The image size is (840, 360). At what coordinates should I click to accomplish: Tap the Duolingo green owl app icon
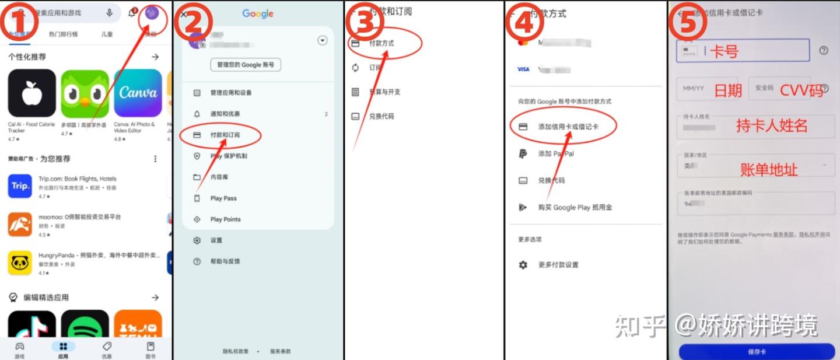tap(85, 93)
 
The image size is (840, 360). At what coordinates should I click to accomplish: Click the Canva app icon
tap(138, 93)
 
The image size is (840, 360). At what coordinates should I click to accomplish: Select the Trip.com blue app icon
tap(20, 186)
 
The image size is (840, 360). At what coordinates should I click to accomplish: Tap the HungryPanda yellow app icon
tap(20, 263)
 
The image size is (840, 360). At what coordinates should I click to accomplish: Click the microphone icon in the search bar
tap(110, 13)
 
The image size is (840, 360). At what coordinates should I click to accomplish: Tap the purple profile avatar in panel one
tap(152, 13)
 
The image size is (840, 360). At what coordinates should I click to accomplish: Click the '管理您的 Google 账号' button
tap(246, 65)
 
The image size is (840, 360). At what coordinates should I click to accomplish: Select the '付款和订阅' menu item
tap(225, 135)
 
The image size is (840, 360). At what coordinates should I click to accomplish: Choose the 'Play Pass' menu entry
tap(223, 198)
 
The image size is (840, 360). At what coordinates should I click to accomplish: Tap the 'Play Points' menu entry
tap(225, 219)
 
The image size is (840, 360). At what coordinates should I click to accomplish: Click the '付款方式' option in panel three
tap(381, 43)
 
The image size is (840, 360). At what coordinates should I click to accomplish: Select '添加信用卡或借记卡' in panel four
tap(568, 127)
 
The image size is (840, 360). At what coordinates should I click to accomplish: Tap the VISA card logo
tap(523, 69)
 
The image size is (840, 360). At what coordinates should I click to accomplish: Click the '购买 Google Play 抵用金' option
tap(575, 207)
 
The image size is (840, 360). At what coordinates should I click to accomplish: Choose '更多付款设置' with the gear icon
tap(558, 265)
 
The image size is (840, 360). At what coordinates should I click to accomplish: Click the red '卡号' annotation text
tap(724, 51)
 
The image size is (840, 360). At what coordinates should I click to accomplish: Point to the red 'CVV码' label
tap(801, 90)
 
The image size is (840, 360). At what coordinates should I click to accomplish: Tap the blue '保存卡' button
tap(757, 352)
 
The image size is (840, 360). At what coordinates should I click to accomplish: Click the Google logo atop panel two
tap(258, 13)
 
